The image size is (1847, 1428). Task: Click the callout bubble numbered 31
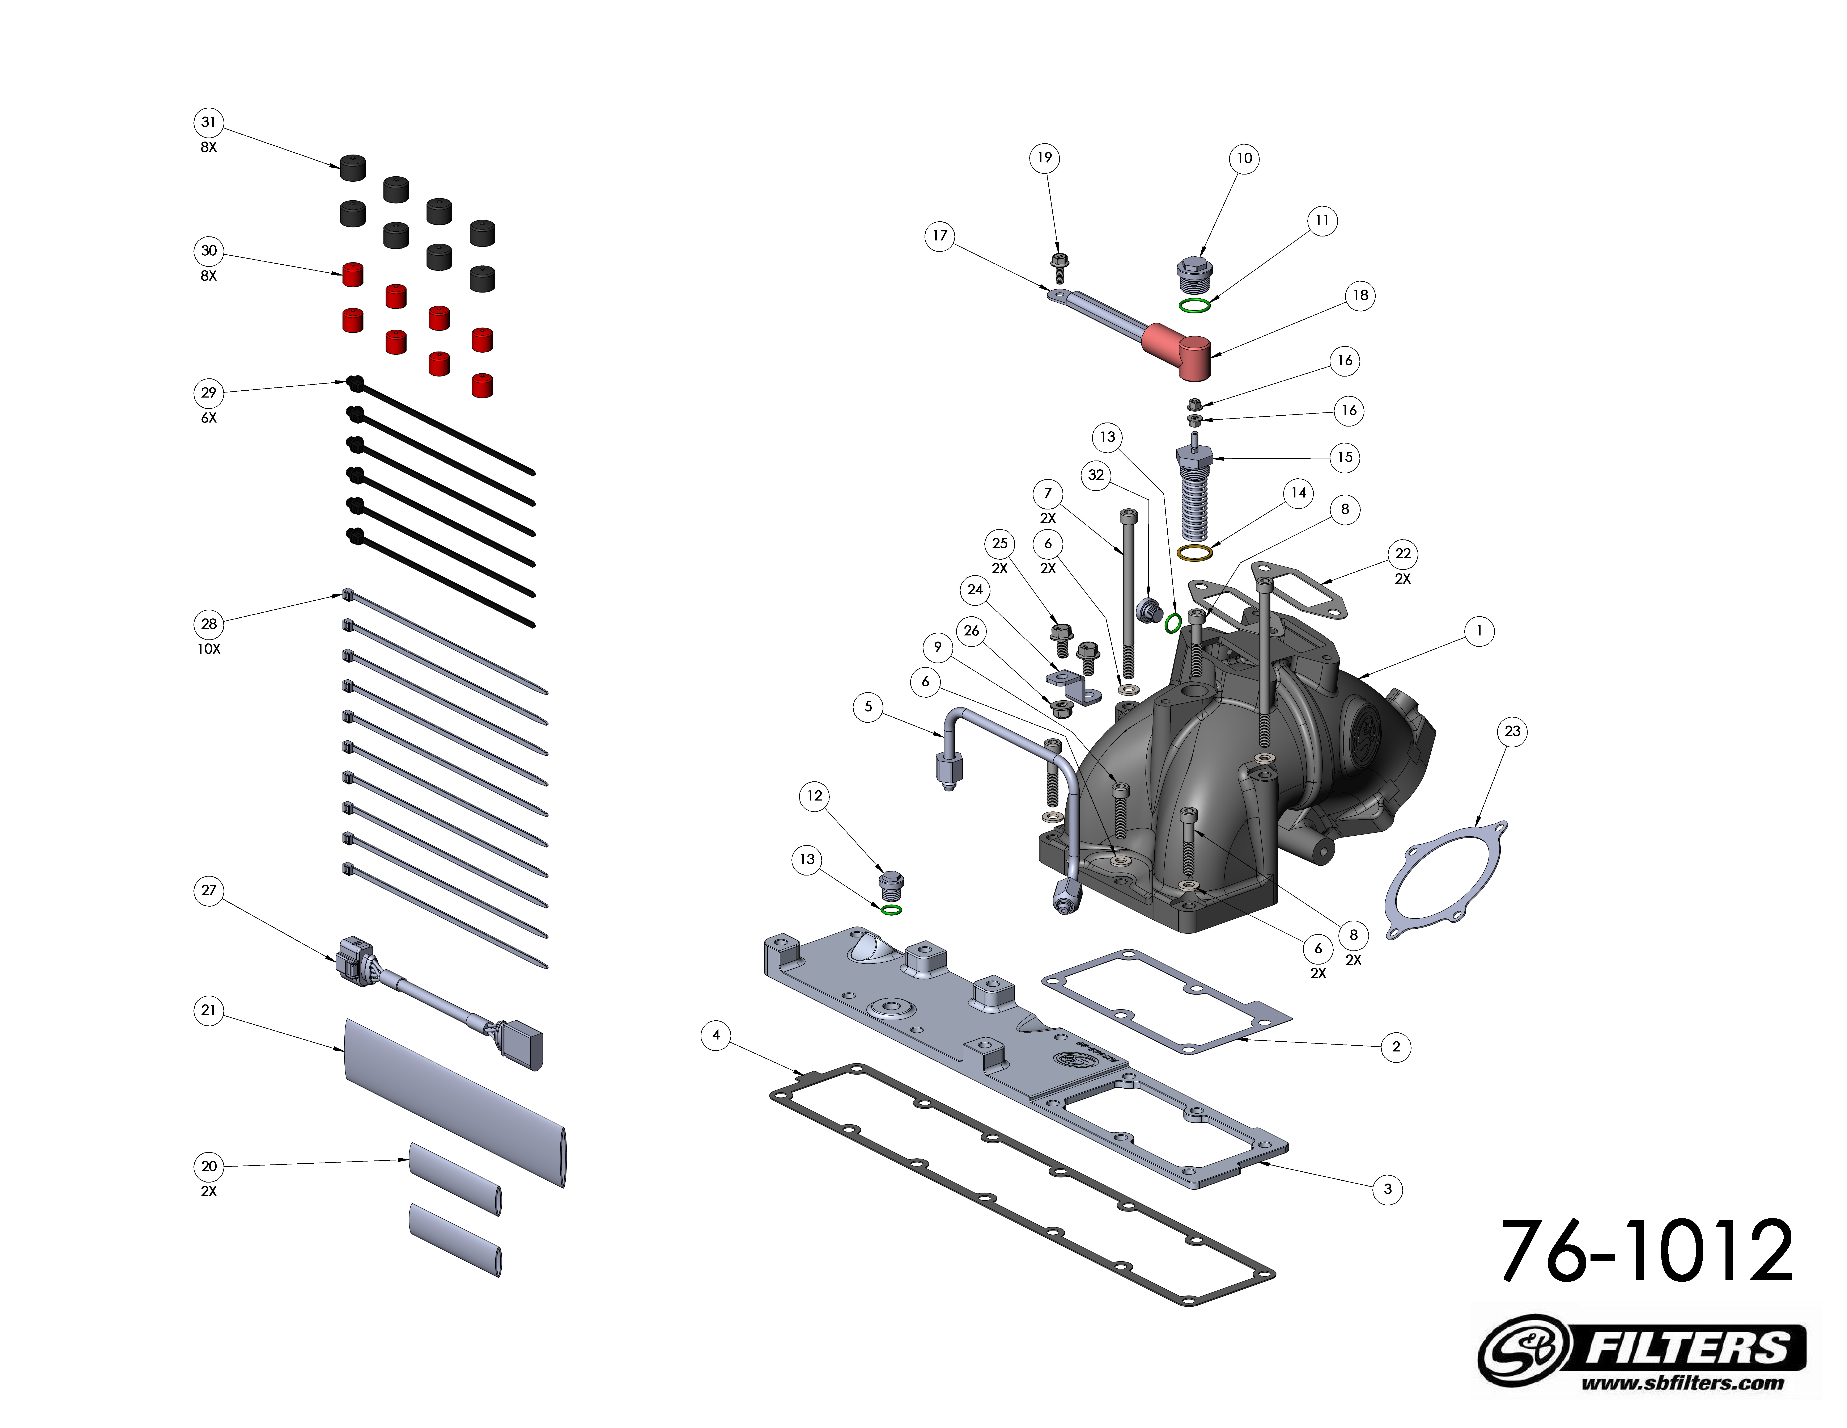(x=208, y=122)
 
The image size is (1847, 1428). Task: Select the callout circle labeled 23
(x=1512, y=731)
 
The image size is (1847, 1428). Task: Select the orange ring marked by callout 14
(x=1194, y=553)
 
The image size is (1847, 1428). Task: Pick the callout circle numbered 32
(x=1096, y=475)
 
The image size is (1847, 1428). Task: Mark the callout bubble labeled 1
(x=1478, y=630)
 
